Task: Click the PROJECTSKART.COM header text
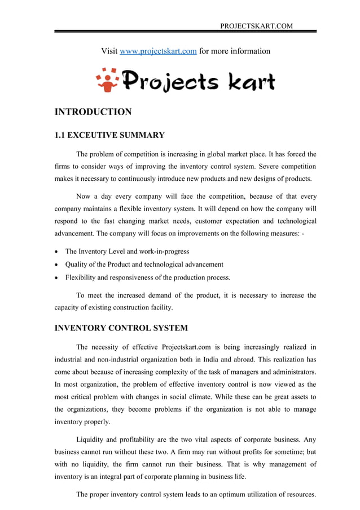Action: click(256, 26)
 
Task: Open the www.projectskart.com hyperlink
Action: click(159, 51)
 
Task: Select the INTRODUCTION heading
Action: click(93, 112)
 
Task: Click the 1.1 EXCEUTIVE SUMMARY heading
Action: click(109, 135)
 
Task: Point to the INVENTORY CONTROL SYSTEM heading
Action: click(121, 328)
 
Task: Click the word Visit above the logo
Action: click(109, 51)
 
